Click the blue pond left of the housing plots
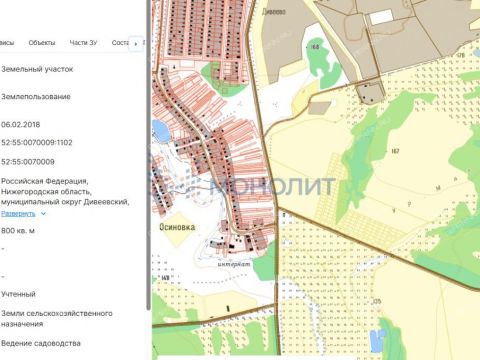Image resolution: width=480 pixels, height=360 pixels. (161, 131)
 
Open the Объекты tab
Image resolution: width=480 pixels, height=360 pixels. (42, 42)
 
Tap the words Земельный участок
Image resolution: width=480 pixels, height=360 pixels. (38, 71)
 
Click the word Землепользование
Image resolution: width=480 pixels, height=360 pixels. (35, 97)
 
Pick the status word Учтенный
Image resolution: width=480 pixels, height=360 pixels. (19, 294)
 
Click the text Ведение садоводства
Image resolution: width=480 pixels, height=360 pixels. (42, 343)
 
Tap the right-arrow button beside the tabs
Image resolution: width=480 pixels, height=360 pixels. (137, 42)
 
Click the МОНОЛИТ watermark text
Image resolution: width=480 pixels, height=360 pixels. (260, 185)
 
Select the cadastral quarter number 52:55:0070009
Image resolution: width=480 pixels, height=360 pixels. (28, 161)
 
